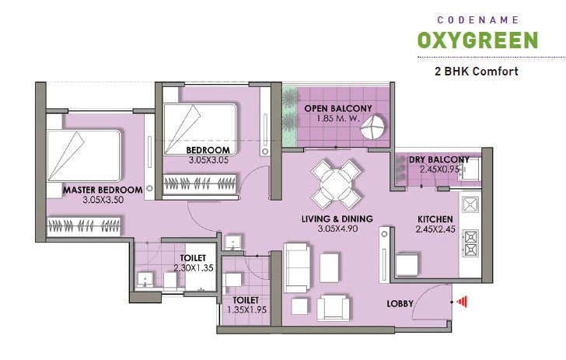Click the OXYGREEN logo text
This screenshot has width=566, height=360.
click(477, 40)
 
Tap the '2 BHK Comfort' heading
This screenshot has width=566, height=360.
click(477, 71)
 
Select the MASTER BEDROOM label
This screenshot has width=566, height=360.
click(103, 190)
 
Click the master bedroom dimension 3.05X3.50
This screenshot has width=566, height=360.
click(103, 200)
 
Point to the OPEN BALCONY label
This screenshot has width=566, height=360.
click(338, 108)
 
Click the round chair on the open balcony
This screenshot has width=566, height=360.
click(372, 127)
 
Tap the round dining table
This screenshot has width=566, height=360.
click(336, 184)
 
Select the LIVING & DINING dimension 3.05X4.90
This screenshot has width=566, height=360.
click(337, 229)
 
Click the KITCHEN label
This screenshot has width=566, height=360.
click(435, 219)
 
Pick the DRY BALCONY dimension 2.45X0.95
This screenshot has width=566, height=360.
click(439, 169)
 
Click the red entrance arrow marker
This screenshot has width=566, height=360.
click(462, 301)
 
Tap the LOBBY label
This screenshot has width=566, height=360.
click(400, 304)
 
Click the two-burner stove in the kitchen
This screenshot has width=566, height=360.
click(470, 243)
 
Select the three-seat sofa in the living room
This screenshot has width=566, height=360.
click(297, 267)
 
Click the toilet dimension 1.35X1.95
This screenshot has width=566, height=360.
click(247, 309)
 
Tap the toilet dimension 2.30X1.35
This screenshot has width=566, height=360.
click(194, 268)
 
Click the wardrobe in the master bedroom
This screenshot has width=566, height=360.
click(84, 226)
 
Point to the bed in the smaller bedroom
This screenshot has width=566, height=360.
click(200, 130)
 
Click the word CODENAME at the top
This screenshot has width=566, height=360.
click(477, 20)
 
